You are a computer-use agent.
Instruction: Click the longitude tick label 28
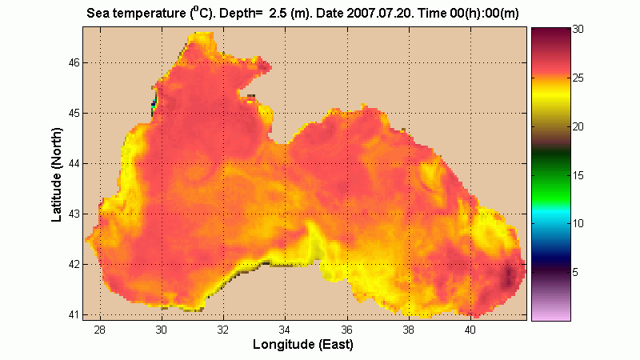coord(100,330)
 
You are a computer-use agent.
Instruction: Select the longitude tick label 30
coord(162,330)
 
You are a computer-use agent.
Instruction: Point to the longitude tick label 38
coord(409,330)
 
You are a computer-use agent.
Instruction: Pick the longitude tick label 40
coord(470,330)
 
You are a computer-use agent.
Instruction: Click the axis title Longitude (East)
coord(302,345)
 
